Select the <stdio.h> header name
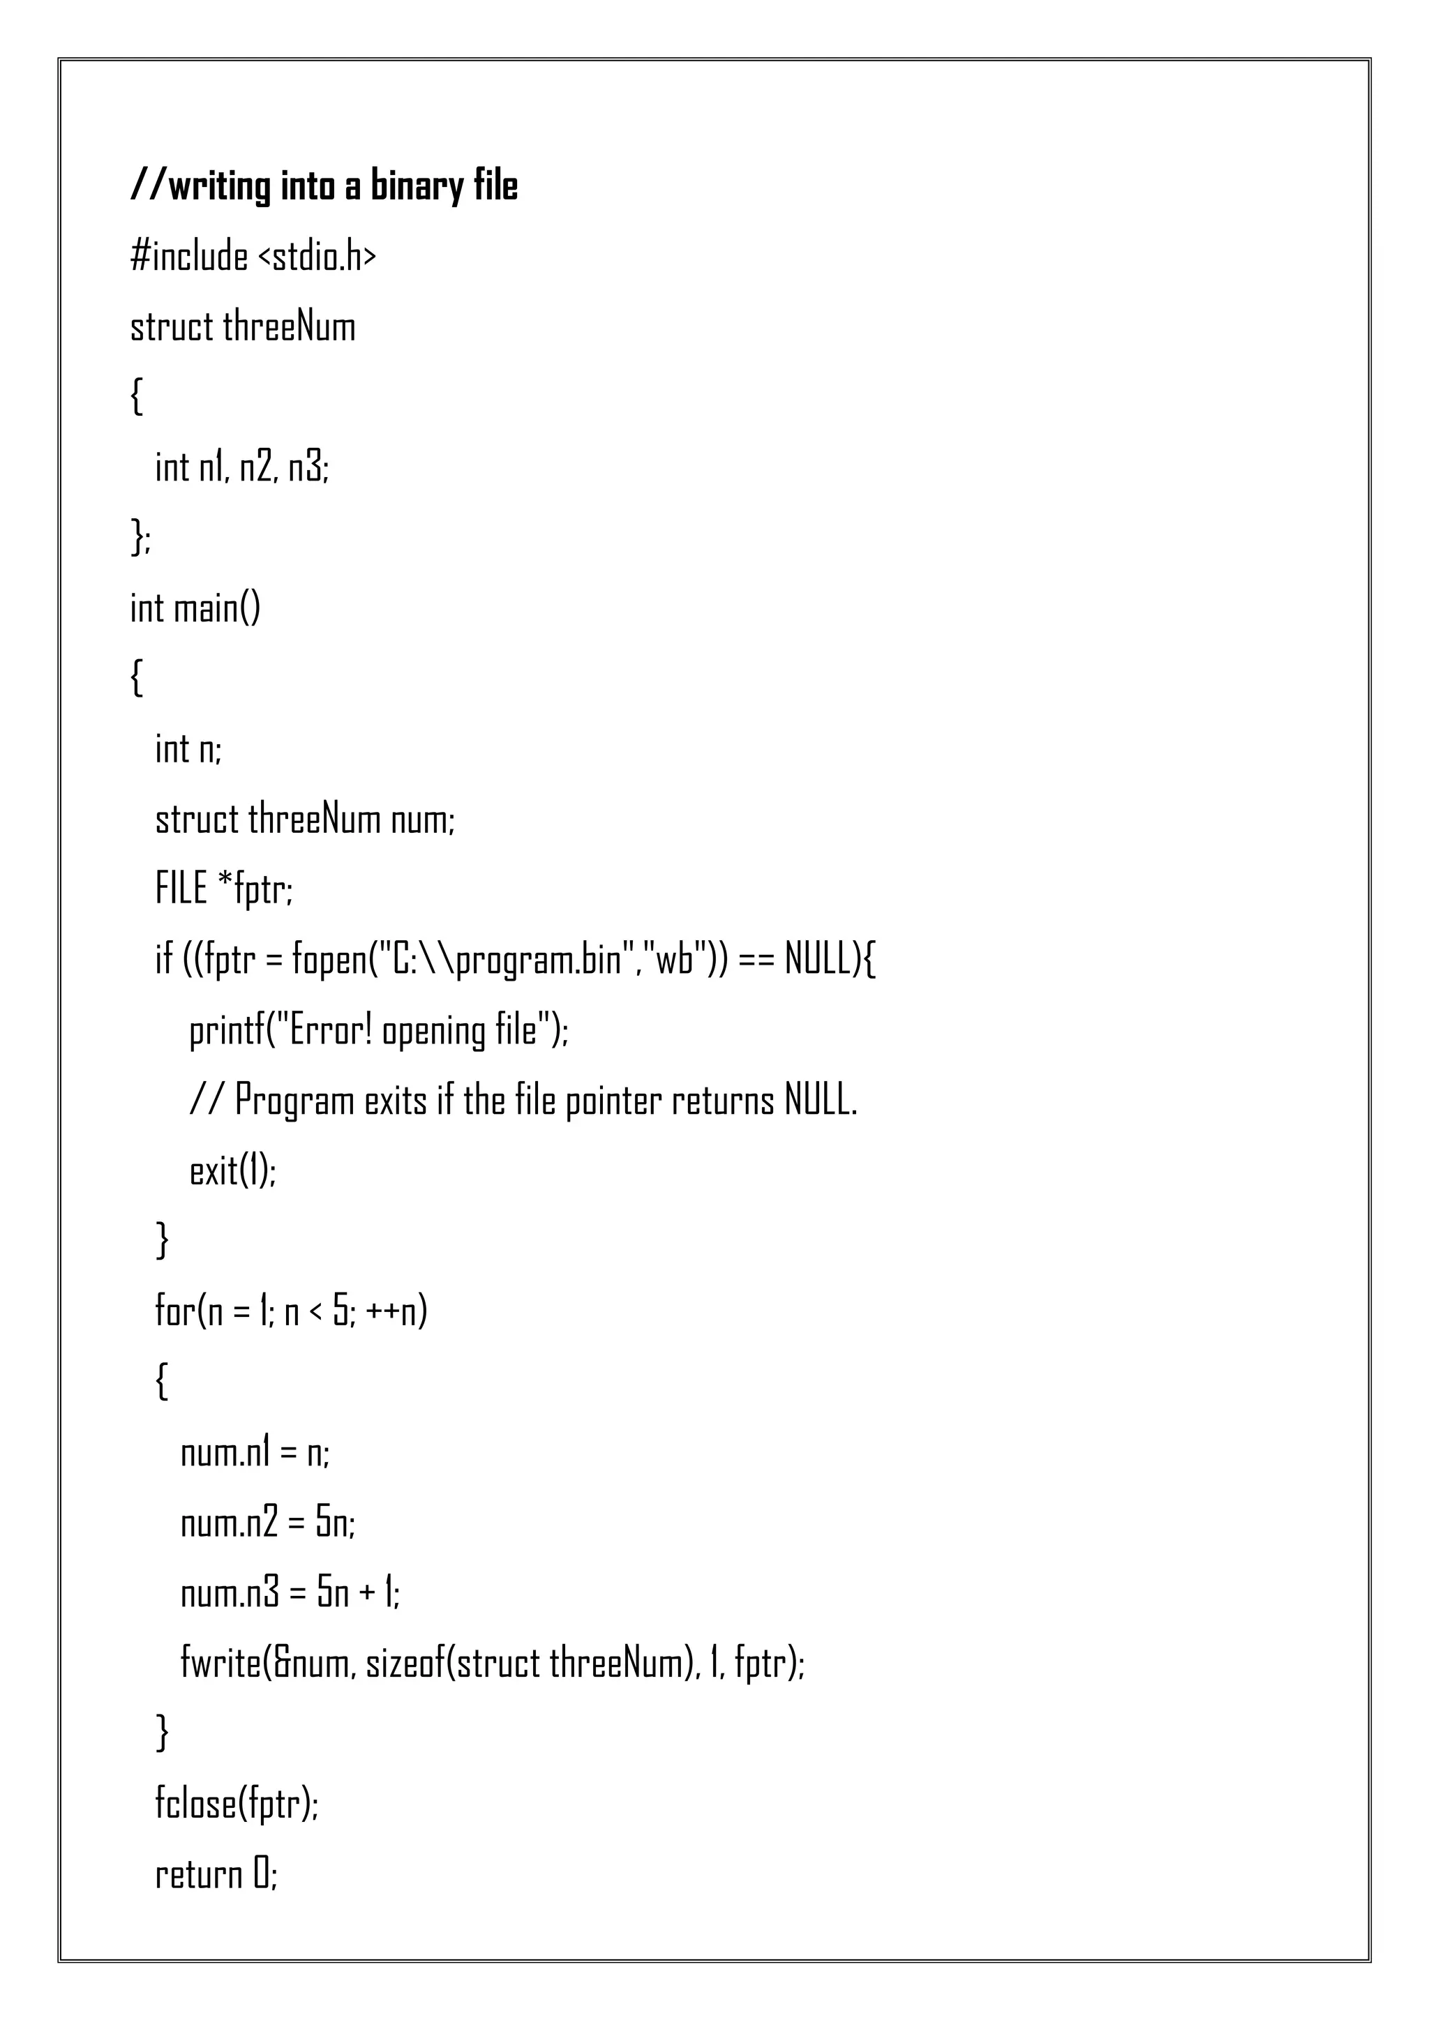pyautogui.click(x=317, y=257)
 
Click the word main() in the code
pyautogui.click(x=216, y=608)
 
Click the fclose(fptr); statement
pyautogui.click(x=237, y=1804)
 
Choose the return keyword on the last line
pyautogui.click(x=199, y=1875)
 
